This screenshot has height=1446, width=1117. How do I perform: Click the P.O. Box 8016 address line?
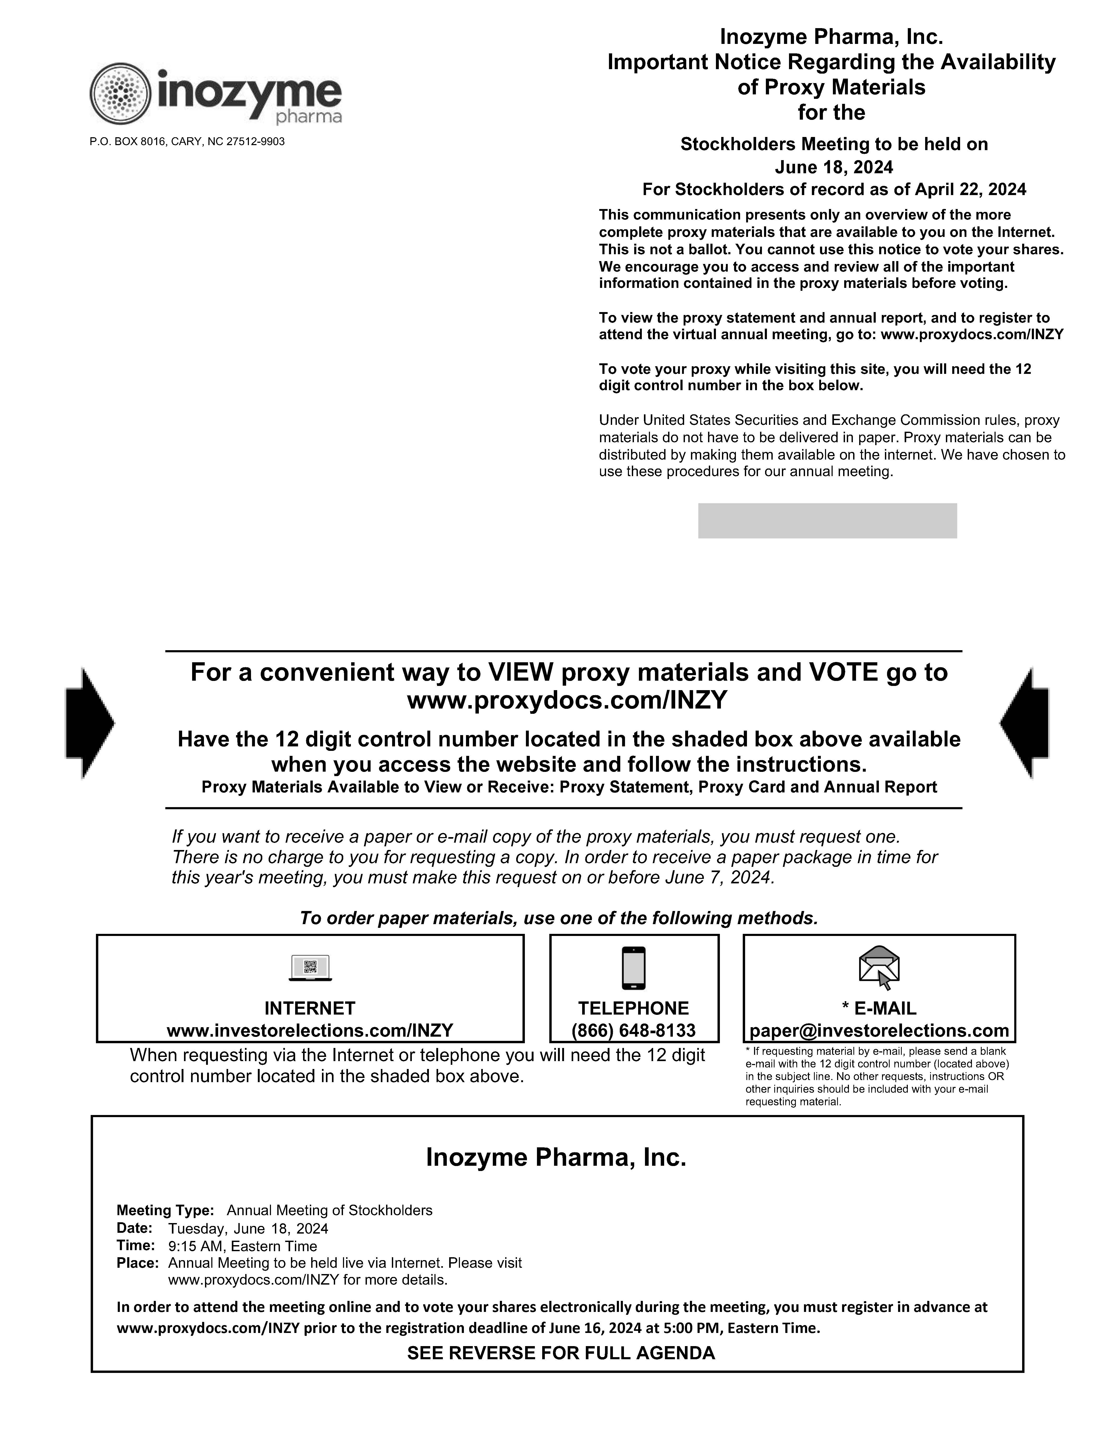point(187,142)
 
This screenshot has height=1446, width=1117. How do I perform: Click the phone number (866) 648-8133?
point(633,1030)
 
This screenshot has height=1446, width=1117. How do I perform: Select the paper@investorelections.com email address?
point(879,1030)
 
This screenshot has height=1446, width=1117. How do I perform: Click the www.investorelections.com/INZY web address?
point(310,1030)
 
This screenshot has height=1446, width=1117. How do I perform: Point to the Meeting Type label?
point(165,1210)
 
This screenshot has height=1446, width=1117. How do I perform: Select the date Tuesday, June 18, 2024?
point(248,1229)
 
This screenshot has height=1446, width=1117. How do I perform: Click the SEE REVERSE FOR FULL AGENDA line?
point(561,1353)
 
